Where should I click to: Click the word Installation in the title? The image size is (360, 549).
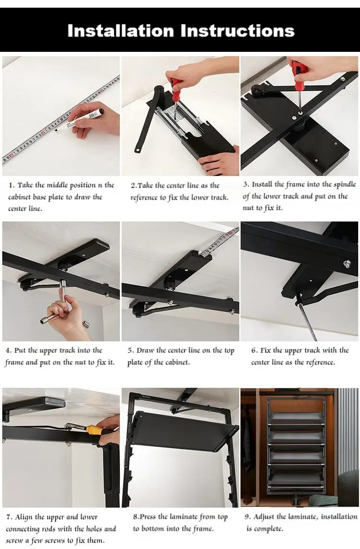pos(120,31)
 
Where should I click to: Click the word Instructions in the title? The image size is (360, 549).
pos(238,31)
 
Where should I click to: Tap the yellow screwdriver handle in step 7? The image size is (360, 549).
pos(94,430)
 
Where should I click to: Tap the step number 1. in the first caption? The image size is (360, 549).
pos(12,185)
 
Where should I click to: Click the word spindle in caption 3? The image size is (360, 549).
pos(345,185)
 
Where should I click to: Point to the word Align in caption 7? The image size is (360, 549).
pos(24,517)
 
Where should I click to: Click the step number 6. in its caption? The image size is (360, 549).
pos(254,350)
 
